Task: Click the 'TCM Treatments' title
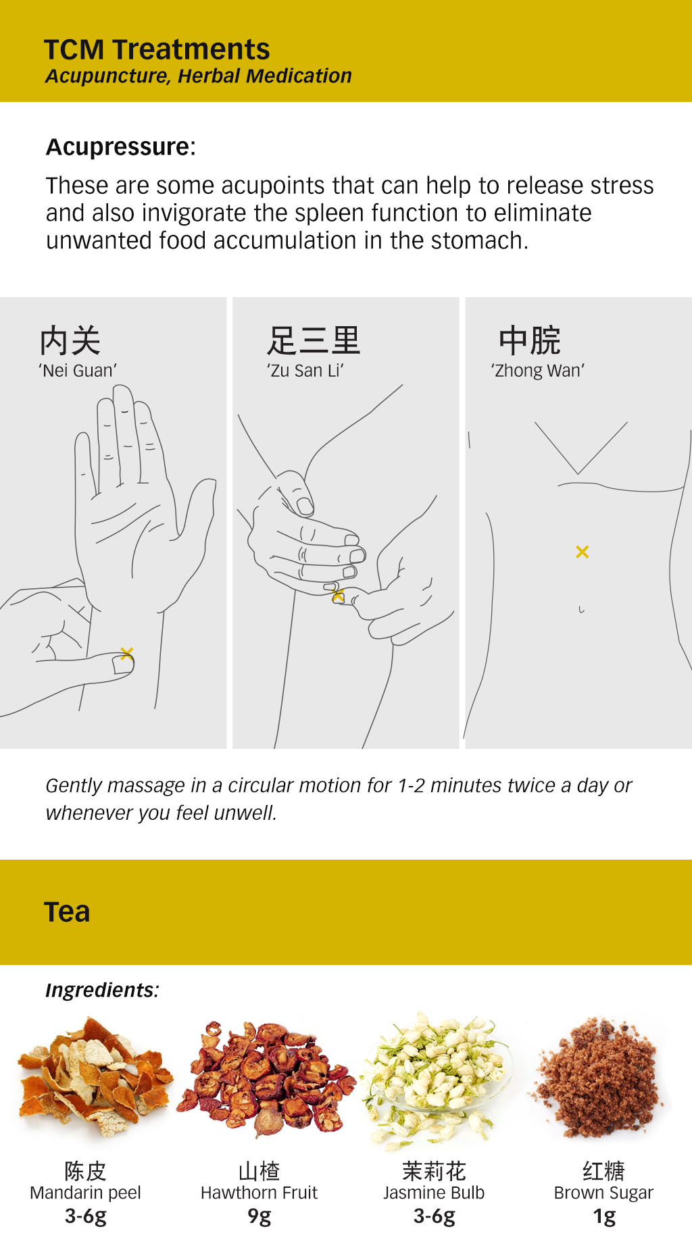[x=157, y=49]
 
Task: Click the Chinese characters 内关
[x=70, y=340]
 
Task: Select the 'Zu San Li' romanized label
[x=305, y=371]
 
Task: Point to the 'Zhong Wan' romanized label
[x=537, y=371]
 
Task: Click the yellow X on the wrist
[x=126, y=653]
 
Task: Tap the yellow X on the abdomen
[x=582, y=552]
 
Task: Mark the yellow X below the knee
[x=338, y=595]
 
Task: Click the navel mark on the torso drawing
[x=580, y=610]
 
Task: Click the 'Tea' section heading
[x=66, y=912]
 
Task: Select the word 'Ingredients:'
[x=101, y=990]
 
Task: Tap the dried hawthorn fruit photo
[x=267, y=1077]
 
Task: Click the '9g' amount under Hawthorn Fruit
[x=259, y=1216]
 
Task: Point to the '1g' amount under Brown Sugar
[x=603, y=1216]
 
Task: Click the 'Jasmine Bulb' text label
[x=433, y=1193]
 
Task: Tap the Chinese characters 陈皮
[x=85, y=1170]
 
